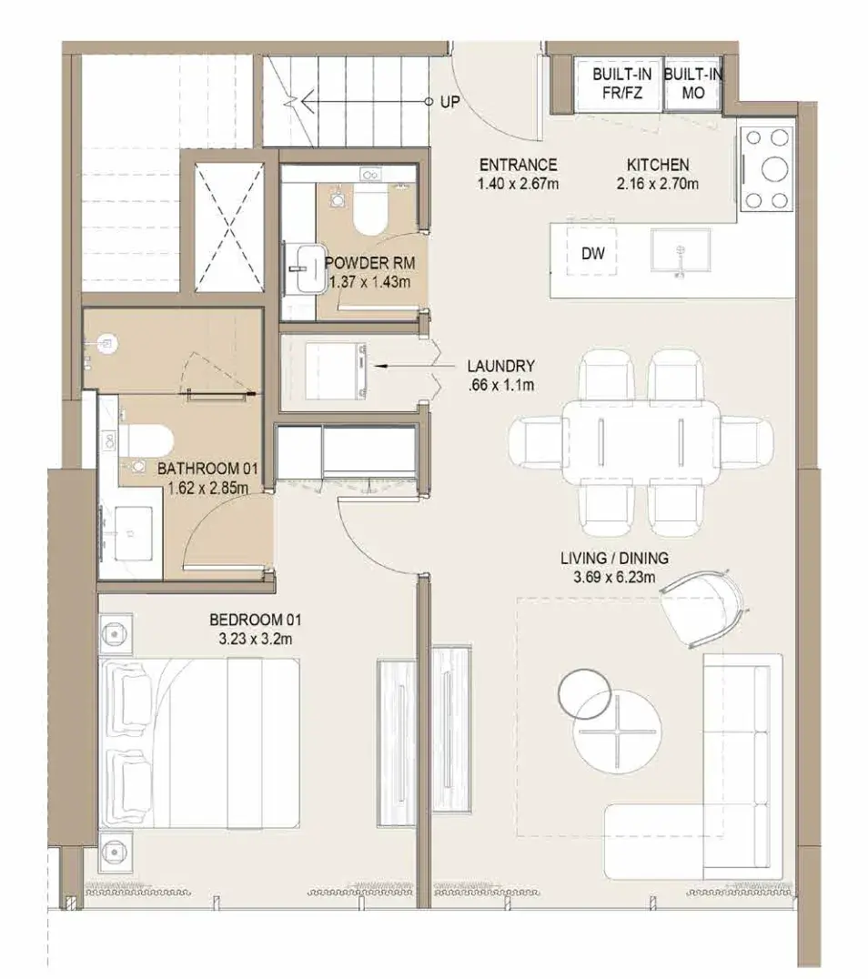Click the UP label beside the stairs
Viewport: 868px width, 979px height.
tap(449, 102)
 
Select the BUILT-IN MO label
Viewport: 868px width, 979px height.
tap(692, 84)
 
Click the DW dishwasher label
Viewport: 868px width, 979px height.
tap(592, 253)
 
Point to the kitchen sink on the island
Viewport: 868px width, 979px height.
tap(681, 250)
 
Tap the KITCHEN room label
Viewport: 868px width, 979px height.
tap(658, 165)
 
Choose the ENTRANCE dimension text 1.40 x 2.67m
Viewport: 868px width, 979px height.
tap(518, 184)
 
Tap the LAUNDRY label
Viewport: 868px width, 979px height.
tap(500, 366)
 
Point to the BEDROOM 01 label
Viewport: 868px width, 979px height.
tap(255, 620)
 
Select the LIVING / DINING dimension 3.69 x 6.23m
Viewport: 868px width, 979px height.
tap(614, 577)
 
